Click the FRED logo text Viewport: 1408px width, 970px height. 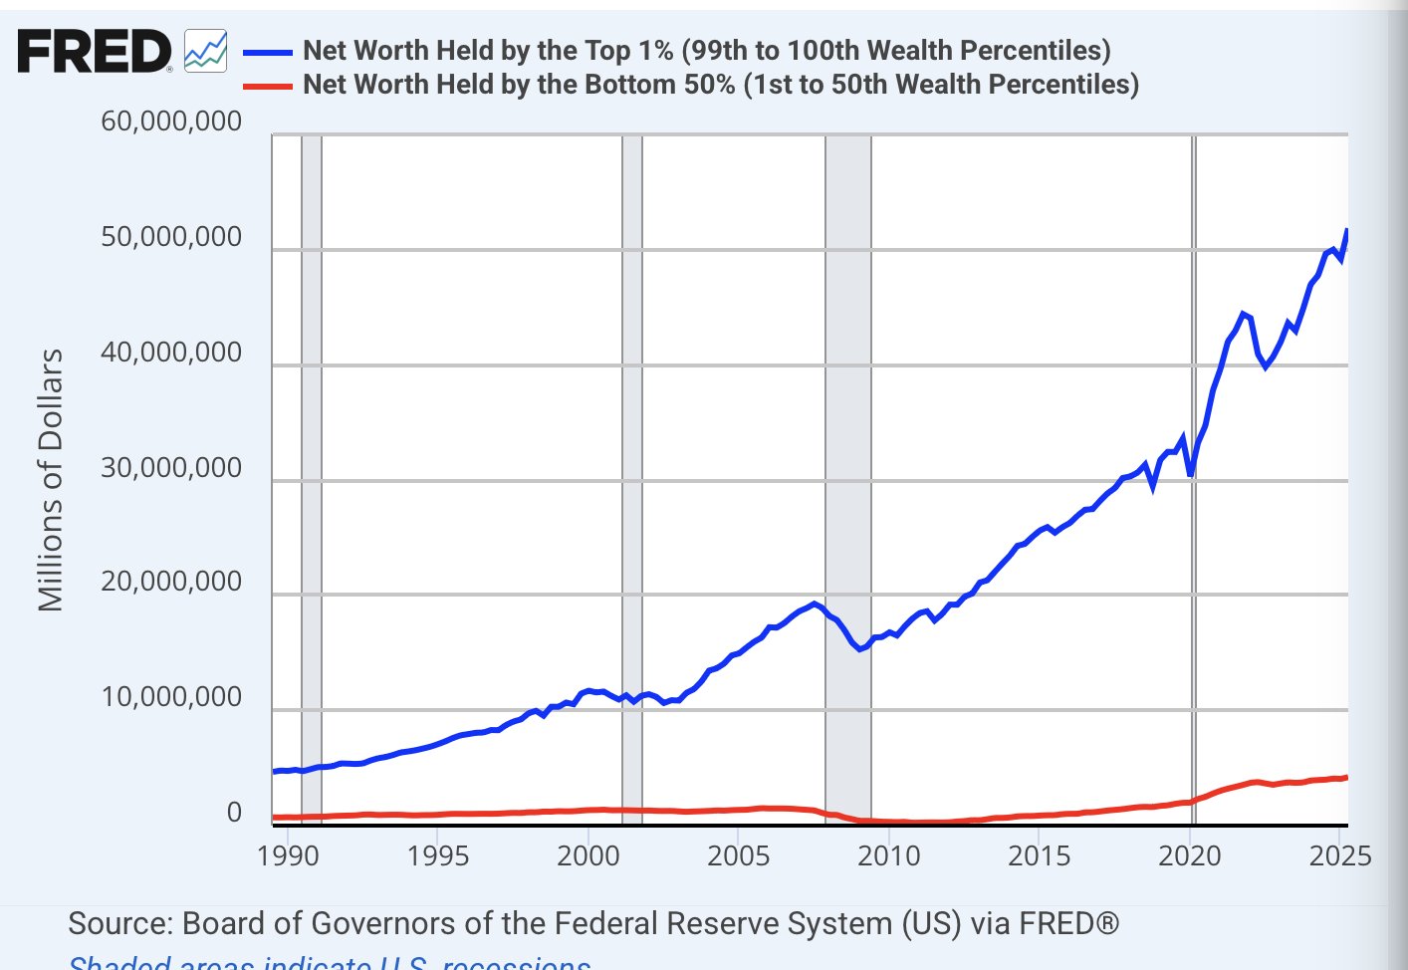(x=94, y=51)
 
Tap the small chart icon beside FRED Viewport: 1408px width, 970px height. (x=206, y=51)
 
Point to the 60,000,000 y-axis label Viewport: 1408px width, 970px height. (x=171, y=121)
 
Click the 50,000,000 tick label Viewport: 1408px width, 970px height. (x=171, y=237)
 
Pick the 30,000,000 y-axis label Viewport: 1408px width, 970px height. (x=171, y=467)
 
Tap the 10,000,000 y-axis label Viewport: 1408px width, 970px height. (x=171, y=697)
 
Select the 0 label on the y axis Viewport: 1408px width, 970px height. (x=234, y=813)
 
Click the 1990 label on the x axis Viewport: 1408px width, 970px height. (x=288, y=855)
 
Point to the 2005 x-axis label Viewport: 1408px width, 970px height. (x=738, y=855)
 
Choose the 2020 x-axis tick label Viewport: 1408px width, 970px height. (x=1189, y=855)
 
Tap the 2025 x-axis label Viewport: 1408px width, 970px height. (x=1339, y=855)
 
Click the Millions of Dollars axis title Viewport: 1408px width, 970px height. (x=51, y=480)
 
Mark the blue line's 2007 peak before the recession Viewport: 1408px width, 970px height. (x=815, y=604)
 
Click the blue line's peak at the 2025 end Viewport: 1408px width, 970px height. (x=1346, y=232)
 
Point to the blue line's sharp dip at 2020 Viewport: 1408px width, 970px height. (x=1191, y=474)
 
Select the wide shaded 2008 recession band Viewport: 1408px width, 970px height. (x=848, y=478)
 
